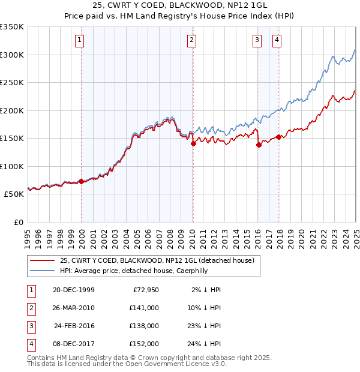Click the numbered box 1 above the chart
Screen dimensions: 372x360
click(x=80, y=40)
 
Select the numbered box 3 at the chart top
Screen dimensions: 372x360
click(x=256, y=40)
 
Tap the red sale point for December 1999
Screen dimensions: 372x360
click(x=82, y=181)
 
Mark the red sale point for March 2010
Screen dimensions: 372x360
click(x=194, y=143)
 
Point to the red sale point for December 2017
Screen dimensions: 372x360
click(x=278, y=137)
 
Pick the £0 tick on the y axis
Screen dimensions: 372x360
click(x=19, y=222)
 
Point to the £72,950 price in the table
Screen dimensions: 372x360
click(x=145, y=290)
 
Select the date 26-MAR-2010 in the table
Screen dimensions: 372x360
click(x=73, y=307)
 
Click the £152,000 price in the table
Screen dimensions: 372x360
click(x=144, y=344)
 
